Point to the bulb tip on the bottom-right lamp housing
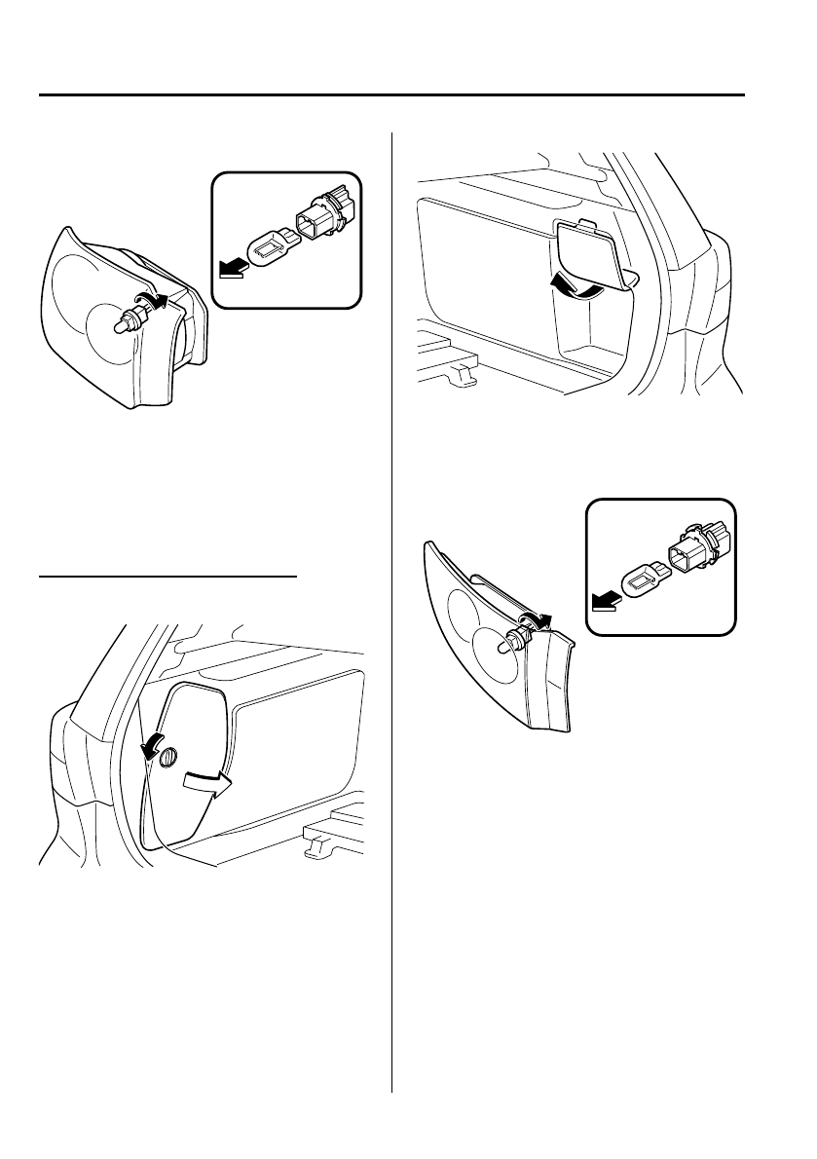(x=505, y=643)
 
